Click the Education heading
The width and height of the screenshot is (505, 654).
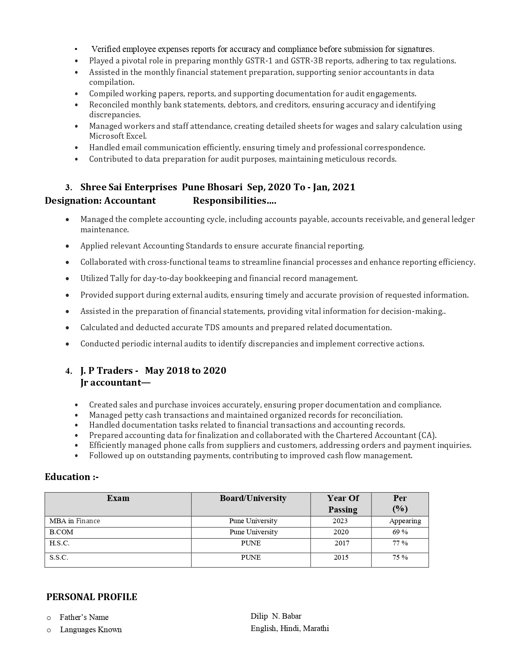click(71, 477)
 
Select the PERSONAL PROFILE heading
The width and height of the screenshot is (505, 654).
click(91, 597)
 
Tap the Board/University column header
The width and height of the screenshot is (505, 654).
click(253, 498)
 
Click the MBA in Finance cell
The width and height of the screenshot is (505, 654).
click(74, 521)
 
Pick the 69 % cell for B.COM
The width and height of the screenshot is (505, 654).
click(400, 532)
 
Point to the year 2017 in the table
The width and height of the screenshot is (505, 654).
click(342, 543)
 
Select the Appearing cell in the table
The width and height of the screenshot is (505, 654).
click(405, 521)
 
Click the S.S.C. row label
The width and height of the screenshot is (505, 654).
click(59, 557)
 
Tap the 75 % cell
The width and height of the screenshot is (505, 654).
click(400, 557)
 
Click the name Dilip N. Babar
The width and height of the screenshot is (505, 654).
click(276, 616)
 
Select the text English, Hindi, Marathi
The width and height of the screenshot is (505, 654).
click(290, 628)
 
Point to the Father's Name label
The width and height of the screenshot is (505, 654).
click(84, 617)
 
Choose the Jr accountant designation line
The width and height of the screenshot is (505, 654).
click(115, 382)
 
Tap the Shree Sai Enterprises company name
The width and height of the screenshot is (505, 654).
click(129, 187)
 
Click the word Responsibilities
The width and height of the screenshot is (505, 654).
click(234, 201)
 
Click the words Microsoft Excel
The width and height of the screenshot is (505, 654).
click(117, 136)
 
